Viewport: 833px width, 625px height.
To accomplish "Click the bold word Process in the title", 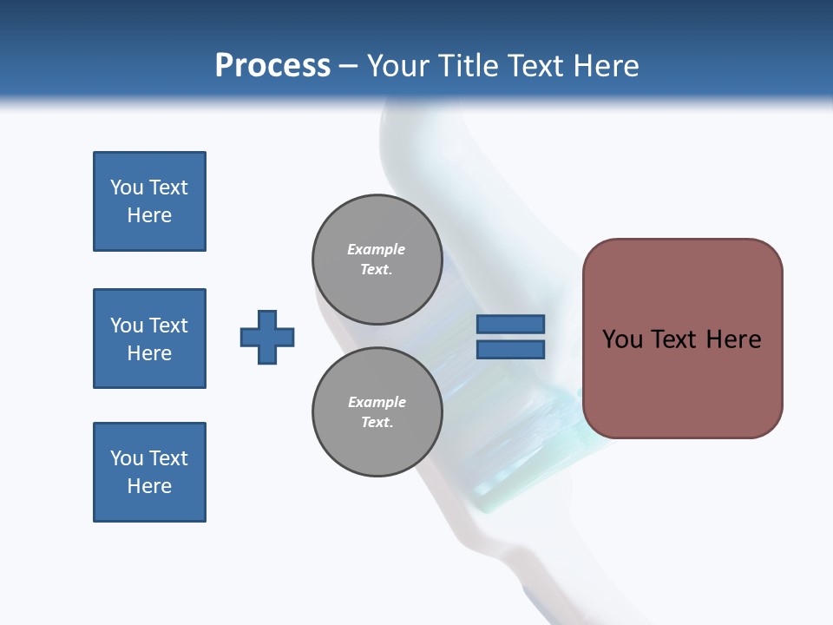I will click(272, 66).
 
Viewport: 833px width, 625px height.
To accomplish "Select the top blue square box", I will click(149, 201).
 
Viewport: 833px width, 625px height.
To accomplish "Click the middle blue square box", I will click(149, 339).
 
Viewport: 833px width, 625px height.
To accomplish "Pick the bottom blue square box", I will click(149, 472).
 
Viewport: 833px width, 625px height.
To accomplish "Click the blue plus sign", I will click(267, 337).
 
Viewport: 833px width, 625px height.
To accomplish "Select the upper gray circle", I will click(377, 259).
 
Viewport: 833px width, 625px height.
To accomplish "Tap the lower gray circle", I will click(377, 411).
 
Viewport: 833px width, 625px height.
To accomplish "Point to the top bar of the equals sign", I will click(510, 325).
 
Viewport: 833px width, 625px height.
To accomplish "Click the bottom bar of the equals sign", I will click(510, 350).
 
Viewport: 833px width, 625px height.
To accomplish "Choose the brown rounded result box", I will click(682, 339).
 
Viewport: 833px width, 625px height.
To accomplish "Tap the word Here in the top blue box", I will click(149, 215).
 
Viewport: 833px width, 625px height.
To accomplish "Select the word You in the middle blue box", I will click(126, 326).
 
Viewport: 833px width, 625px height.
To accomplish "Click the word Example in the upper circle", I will click(377, 249).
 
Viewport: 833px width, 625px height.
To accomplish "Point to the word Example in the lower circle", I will click(377, 402).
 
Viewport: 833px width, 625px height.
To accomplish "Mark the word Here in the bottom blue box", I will click(149, 486).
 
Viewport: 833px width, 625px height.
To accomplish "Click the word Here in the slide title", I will click(605, 66).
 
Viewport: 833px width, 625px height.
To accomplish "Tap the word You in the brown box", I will click(622, 339).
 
